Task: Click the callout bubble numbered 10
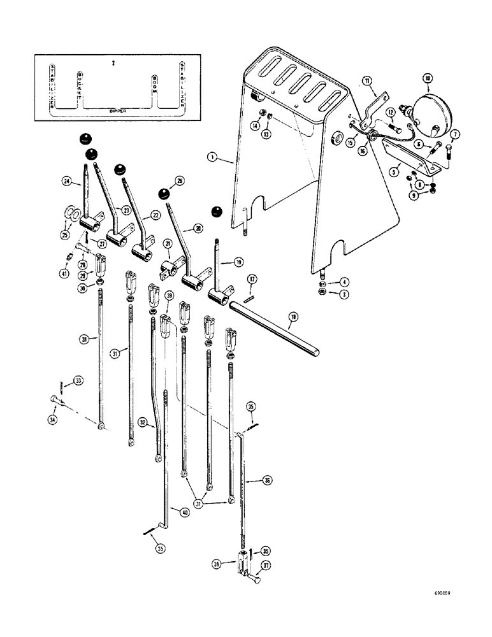click(428, 79)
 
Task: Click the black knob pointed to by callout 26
click(165, 194)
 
